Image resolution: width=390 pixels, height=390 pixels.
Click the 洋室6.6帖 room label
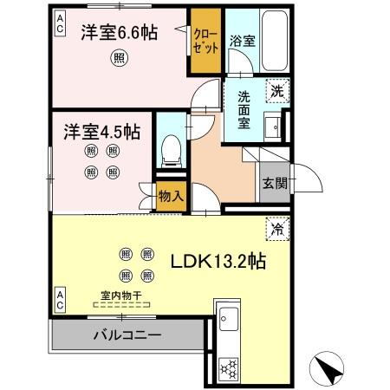[120, 33]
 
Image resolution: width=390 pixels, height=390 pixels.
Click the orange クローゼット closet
[205, 42]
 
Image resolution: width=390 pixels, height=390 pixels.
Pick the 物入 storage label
[171, 196]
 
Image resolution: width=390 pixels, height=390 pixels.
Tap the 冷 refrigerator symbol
[278, 231]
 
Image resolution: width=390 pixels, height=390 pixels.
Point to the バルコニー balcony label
[124, 335]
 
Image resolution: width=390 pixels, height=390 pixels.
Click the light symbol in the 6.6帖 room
[119, 58]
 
